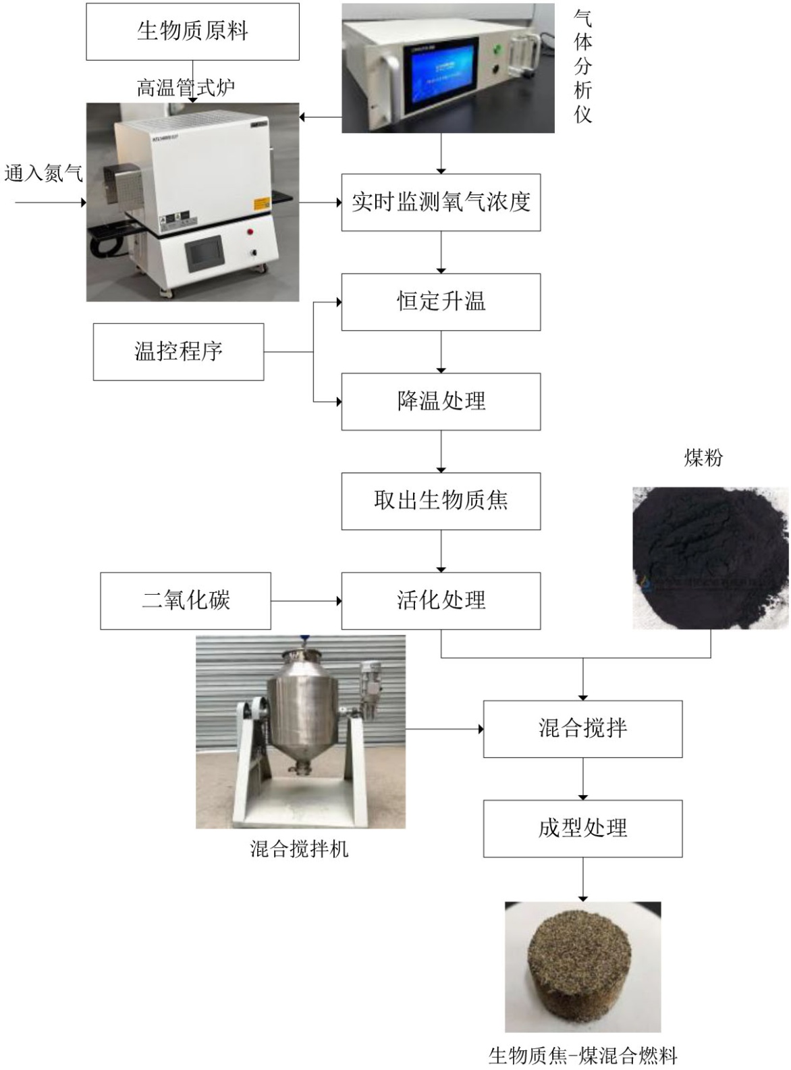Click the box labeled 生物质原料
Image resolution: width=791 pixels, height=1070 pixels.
192,32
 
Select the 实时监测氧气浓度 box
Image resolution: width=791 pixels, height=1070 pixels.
441,203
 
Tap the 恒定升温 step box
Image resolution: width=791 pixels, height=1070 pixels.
441,302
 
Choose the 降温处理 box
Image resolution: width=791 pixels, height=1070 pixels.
441,402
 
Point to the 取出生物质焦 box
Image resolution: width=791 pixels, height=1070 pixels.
441,501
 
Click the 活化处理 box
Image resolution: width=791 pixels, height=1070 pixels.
441,601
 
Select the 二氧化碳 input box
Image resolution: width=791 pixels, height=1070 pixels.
186,601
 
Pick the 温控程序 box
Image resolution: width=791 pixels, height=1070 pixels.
178,352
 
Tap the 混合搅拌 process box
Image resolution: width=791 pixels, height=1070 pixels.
582,729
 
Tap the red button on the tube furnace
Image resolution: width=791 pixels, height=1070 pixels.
250,232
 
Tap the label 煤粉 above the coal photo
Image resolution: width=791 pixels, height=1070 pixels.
704,457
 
